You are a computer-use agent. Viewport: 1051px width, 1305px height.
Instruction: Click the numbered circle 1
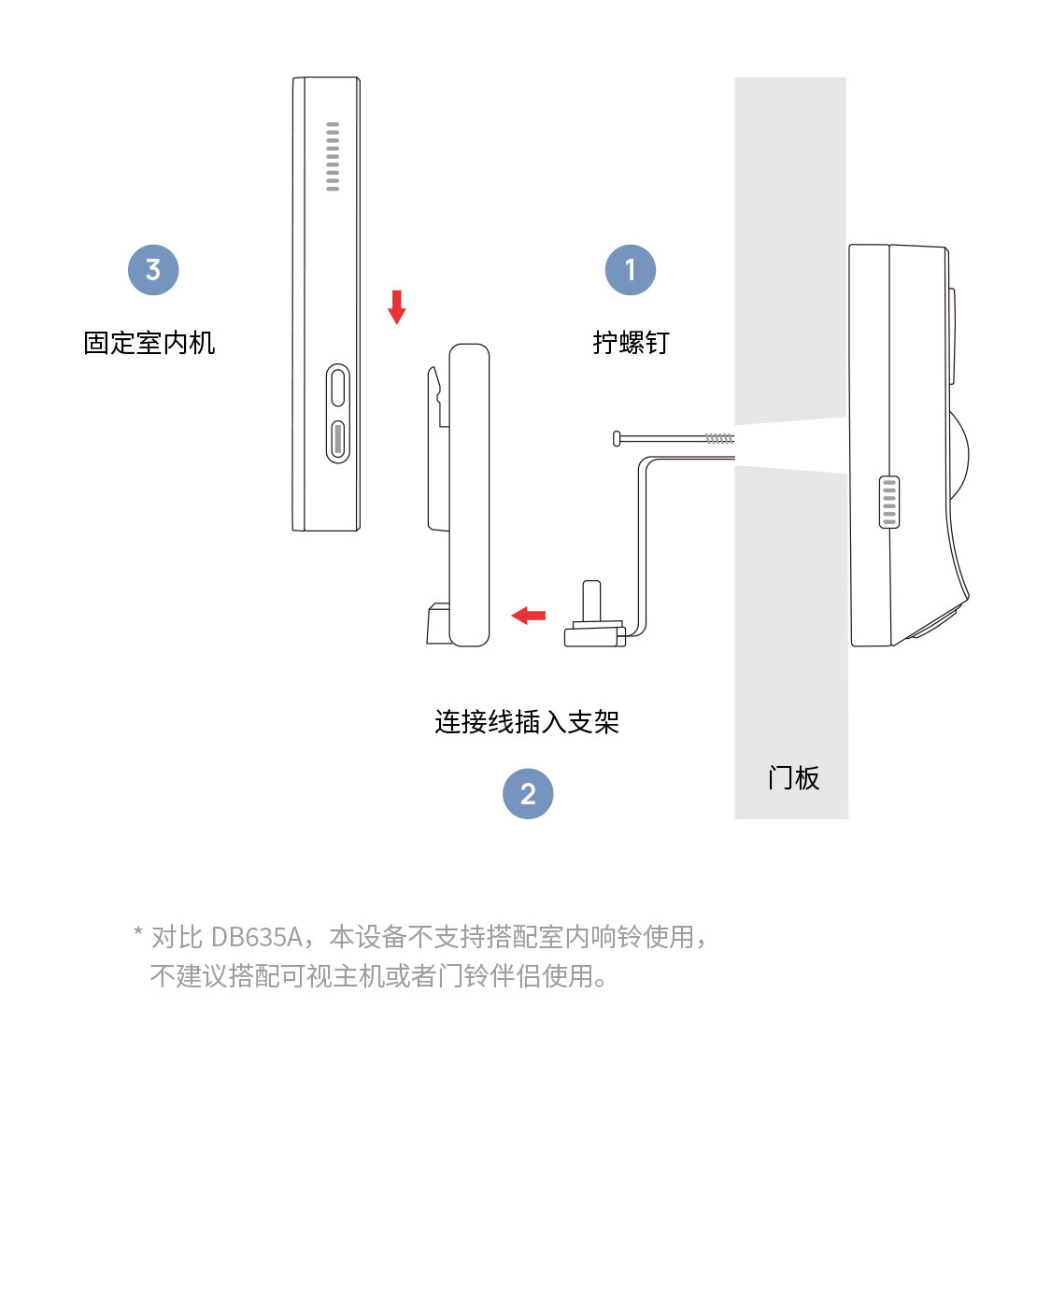pyautogui.click(x=631, y=270)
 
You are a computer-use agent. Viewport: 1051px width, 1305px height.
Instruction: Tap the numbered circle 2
pyautogui.click(x=528, y=794)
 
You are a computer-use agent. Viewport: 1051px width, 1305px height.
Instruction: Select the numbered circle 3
pyautogui.click(x=153, y=270)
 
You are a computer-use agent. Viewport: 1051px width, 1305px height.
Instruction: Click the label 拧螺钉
pyautogui.click(x=631, y=343)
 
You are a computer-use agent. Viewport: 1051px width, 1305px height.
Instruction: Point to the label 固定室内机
pyautogui.click(x=149, y=343)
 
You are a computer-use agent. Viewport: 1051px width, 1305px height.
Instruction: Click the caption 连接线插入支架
pyautogui.click(x=527, y=722)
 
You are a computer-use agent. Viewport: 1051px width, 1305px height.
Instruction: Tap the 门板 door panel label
pyautogui.click(x=793, y=778)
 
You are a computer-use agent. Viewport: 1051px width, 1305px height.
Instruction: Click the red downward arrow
pyautogui.click(x=397, y=306)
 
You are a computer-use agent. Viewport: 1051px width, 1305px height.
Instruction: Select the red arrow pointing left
pyautogui.click(x=529, y=615)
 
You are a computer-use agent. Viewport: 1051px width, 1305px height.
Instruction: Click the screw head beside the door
pyautogui.click(x=618, y=437)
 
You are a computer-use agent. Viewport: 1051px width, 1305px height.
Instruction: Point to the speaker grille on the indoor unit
pyautogui.click(x=333, y=156)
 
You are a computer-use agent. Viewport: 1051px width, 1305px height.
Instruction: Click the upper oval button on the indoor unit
pyautogui.click(x=338, y=386)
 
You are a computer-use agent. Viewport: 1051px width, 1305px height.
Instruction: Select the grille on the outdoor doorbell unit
pyautogui.click(x=889, y=502)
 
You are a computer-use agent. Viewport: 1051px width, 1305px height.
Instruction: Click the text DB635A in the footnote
pyautogui.click(x=256, y=936)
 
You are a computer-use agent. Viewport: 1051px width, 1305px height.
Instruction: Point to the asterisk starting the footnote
pyautogui.click(x=138, y=932)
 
